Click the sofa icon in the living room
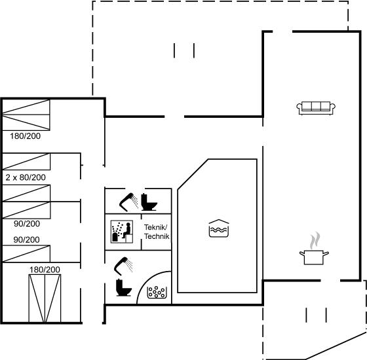pyautogui.click(x=316, y=108)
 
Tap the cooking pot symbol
pyautogui.click(x=314, y=257)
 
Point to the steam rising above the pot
pyautogui.click(x=315, y=240)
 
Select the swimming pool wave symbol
pyautogui.click(x=219, y=228)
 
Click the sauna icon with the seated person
pyautogui.click(x=122, y=231)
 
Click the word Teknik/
pyautogui.click(x=156, y=227)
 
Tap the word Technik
pyautogui.click(x=157, y=236)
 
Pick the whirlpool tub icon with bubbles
pyautogui.click(x=157, y=292)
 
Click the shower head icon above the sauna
pyautogui.click(x=128, y=202)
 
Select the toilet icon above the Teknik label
pyautogui.click(x=149, y=202)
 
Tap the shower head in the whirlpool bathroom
pyautogui.click(x=123, y=266)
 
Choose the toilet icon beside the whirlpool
pyautogui.click(x=124, y=287)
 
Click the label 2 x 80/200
pyautogui.click(x=26, y=177)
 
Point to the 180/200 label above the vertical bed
pyautogui.click(x=45, y=270)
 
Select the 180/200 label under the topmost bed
pyautogui.click(x=25, y=136)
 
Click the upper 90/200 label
pyautogui.click(x=27, y=224)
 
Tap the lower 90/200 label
pyautogui.click(x=26, y=240)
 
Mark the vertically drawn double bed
pyautogui.click(x=45, y=298)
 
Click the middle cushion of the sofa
pyautogui.click(x=316, y=106)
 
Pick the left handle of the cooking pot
pyautogui.click(x=301, y=253)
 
